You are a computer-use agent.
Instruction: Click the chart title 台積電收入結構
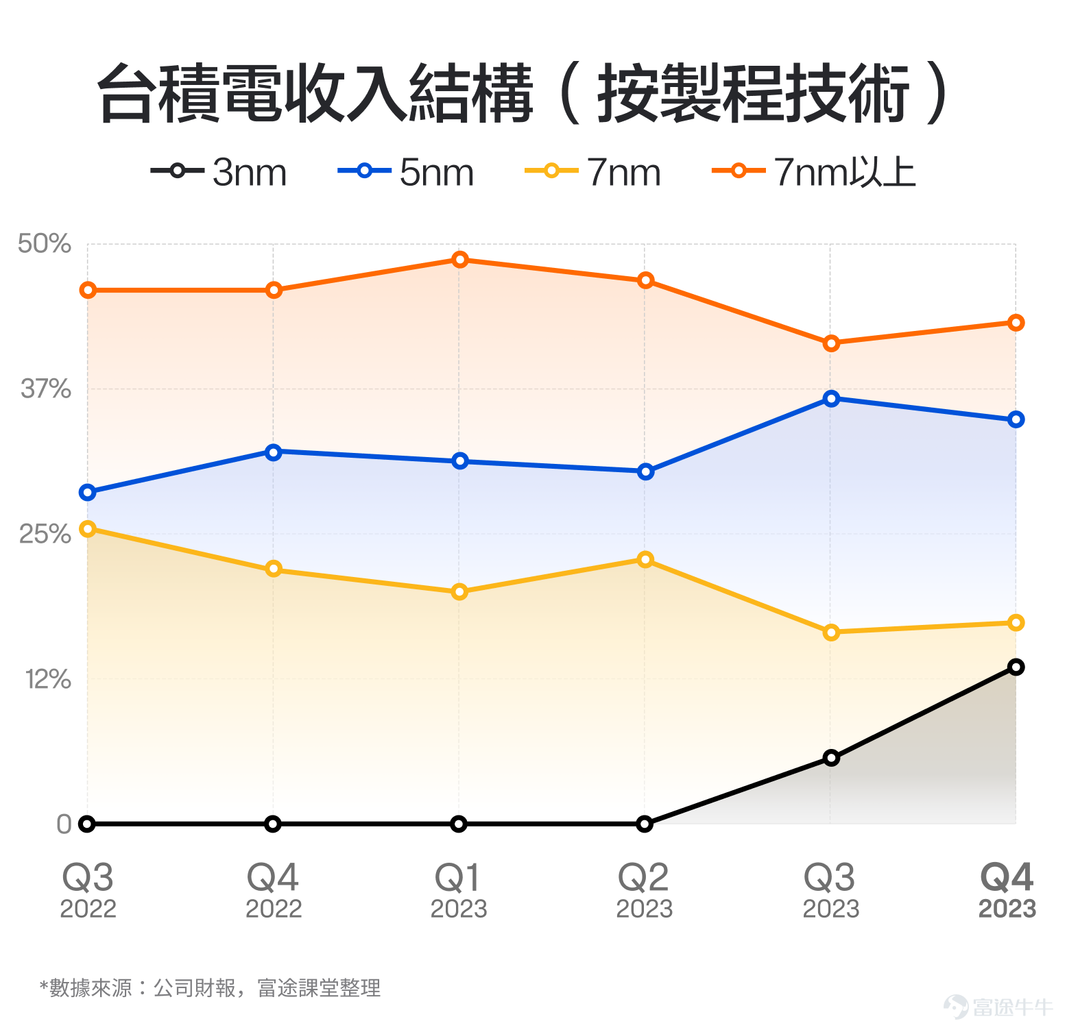pyautogui.click(x=315, y=94)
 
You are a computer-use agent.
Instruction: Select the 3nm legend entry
pyautogui.click(x=219, y=171)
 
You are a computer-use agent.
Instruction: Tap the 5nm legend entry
pyautogui.click(x=406, y=171)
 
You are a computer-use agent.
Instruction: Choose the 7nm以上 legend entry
pyautogui.click(x=815, y=171)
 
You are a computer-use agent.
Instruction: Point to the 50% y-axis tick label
pyautogui.click(x=45, y=243)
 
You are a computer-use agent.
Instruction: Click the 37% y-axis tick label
pyautogui.click(x=46, y=389)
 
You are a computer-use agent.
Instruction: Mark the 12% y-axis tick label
pyautogui.click(x=48, y=679)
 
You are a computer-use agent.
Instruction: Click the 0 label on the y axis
pyautogui.click(x=64, y=824)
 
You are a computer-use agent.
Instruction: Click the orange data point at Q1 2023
pyautogui.click(x=460, y=260)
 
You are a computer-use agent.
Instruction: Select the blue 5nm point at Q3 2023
pyautogui.click(x=831, y=399)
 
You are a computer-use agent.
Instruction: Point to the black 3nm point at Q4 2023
pyautogui.click(x=1016, y=667)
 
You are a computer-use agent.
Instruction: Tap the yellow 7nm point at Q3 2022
pyautogui.click(x=88, y=528)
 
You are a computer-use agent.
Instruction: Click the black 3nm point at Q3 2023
pyautogui.click(x=831, y=758)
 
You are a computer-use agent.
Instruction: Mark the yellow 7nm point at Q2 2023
pyautogui.click(x=645, y=559)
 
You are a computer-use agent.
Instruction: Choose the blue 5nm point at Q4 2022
pyautogui.click(x=274, y=452)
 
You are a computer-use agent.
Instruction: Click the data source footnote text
pyautogui.click(x=210, y=988)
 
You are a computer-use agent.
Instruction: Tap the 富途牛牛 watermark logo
pyautogui.click(x=998, y=1007)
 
